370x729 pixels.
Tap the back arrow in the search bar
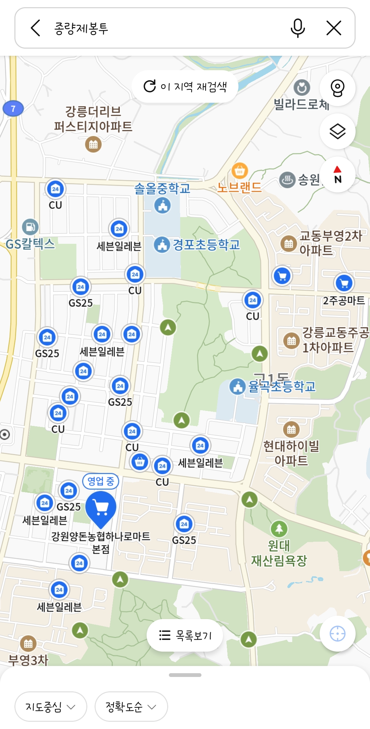pyautogui.click(x=36, y=28)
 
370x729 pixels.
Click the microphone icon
pyautogui.click(x=297, y=28)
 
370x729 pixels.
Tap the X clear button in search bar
pyautogui.click(x=334, y=28)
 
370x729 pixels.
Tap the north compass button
pyautogui.click(x=337, y=175)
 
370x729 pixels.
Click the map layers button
pyautogui.click(x=337, y=131)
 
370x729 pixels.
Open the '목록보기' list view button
pyautogui.click(x=185, y=635)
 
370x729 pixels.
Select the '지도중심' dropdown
pyautogui.click(x=51, y=706)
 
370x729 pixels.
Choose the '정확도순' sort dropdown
pyautogui.click(x=131, y=706)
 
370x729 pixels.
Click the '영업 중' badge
pyautogui.click(x=101, y=481)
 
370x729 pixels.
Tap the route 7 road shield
pyautogui.click(x=13, y=109)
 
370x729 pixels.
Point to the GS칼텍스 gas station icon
pyautogui.click(x=30, y=227)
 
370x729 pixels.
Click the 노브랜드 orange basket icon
pyautogui.click(x=240, y=170)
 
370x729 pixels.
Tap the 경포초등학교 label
pyautogui.click(x=206, y=245)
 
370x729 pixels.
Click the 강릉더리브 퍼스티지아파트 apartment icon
pyautogui.click(x=93, y=144)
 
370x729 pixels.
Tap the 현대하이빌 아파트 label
pyautogui.click(x=291, y=453)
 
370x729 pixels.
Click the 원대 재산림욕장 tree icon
pyautogui.click(x=279, y=529)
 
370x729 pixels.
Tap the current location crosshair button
pyautogui.click(x=337, y=633)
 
